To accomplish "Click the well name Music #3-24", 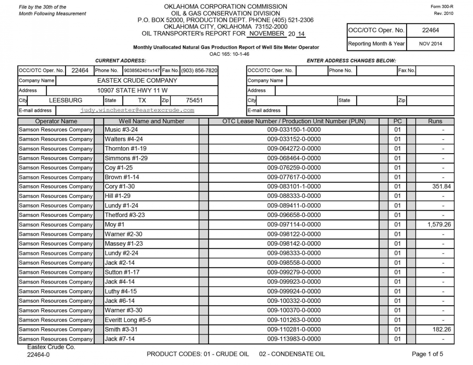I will (118, 130).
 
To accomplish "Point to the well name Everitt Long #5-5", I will (127, 320).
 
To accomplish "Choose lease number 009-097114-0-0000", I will (294, 225).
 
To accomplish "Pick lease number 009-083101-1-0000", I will (294, 187).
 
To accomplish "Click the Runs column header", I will (435, 121).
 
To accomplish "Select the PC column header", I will (397, 121).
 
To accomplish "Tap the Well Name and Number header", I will (151, 121).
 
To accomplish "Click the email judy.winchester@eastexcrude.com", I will (137, 110).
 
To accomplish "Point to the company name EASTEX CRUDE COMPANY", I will (137, 81).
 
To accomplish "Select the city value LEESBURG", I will (66, 100).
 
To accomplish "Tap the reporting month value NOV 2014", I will (430, 44).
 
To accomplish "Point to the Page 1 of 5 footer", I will (427, 354).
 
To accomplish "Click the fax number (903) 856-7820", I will (199, 70).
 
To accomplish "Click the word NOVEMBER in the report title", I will (267, 34).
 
